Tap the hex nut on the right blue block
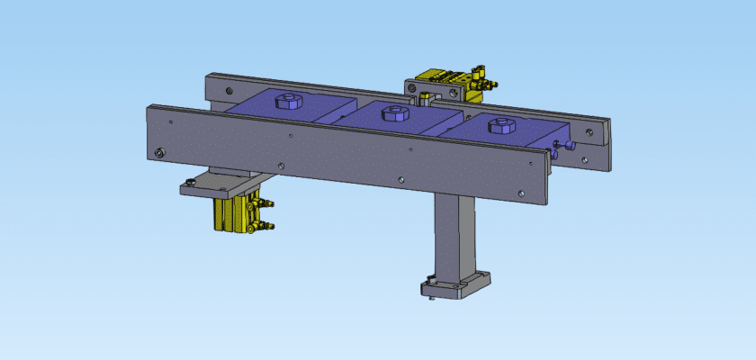[500, 127]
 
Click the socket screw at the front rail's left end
[159, 153]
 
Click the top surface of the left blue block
[270, 112]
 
